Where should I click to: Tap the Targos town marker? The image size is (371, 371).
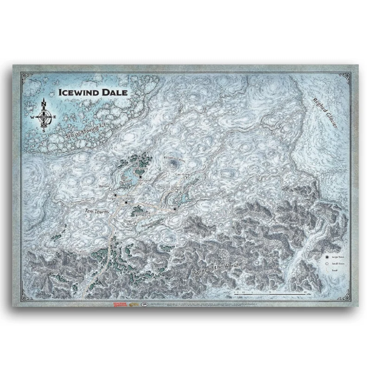tap(115, 195)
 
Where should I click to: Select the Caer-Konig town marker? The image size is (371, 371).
tap(176, 179)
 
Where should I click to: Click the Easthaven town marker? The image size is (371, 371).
tap(174, 209)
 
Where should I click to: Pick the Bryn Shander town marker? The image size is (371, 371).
tap(126, 202)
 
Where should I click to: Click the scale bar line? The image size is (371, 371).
tap(269, 294)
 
